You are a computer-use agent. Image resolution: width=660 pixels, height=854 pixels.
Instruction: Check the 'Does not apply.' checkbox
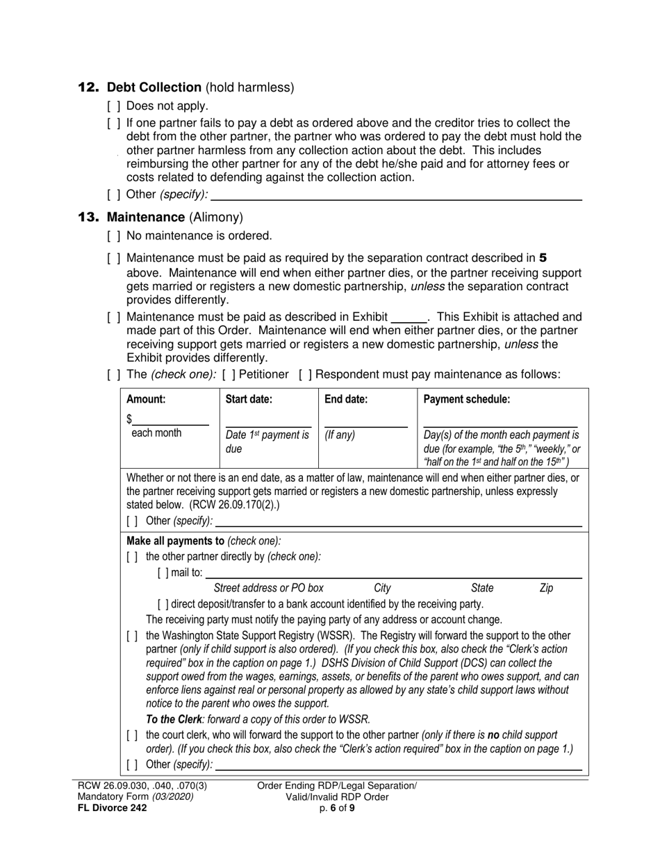coord(114,106)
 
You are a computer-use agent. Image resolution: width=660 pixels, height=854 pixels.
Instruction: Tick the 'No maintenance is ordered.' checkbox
coord(114,236)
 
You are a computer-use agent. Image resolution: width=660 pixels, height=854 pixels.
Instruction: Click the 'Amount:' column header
coord(146,399)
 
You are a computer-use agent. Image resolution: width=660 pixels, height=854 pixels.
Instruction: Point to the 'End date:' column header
coord(346,399)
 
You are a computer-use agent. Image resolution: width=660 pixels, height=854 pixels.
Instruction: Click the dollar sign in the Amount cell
coord(129,419)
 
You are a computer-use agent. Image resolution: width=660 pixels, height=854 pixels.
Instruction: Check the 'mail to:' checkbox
coord(163,573)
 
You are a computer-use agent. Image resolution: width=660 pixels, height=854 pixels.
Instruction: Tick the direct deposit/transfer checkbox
coord(163,604)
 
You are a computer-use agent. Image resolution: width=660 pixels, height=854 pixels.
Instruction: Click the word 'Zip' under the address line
coord(546,588)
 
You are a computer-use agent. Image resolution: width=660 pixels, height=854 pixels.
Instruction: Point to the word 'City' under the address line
coord(382,588)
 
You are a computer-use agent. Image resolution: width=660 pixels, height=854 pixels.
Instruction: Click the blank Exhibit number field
coord(409,317)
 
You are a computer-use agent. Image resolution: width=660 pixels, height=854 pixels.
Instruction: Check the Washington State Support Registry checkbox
coord(132,635)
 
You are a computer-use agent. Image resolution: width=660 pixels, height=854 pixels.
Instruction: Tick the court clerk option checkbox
coord(132,735)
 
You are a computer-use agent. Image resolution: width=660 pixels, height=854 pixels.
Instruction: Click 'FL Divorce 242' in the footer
coord(112,807)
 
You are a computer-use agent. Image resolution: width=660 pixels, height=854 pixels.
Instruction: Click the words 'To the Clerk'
coord(172,719)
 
